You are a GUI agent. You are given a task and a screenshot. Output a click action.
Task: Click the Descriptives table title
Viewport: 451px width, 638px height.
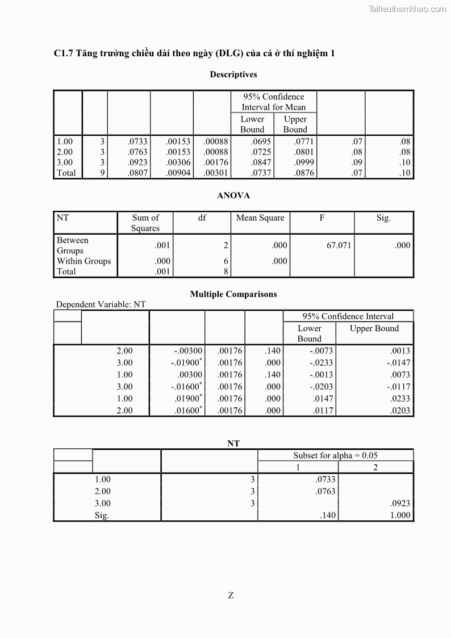[x=233, y=74]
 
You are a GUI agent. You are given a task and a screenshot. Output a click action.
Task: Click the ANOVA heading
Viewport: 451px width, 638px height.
[x=233, y=195]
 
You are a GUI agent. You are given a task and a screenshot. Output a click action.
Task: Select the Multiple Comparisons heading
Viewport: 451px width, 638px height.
[x=233, y=294]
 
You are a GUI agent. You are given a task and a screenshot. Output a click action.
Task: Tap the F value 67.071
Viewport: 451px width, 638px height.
[x=339, y=245]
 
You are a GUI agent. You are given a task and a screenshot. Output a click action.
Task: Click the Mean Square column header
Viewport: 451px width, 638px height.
[x=260, y=218]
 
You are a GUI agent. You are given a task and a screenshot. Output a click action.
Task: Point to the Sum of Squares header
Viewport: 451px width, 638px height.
[x=145, y=223]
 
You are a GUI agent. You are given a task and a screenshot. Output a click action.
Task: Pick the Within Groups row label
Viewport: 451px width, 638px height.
[x=83, y=261]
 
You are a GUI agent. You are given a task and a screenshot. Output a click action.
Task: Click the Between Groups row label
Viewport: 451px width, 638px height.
[x=72, y=245]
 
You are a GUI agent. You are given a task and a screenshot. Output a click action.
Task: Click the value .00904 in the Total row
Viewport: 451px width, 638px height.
[x=179, y=173]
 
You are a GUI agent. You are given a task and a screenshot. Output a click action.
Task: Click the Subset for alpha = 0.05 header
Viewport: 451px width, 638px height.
[x=335, y=455]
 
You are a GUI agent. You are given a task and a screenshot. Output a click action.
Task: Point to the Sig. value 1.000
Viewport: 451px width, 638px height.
[x=400, y=516]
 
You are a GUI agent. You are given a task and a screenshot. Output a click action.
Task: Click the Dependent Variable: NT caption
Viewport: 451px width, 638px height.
[x=101, y=305]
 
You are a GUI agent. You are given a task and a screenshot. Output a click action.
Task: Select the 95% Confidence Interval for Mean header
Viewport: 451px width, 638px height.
[x=273, y=102]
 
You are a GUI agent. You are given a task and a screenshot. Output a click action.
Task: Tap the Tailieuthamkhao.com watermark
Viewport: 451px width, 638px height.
[x=407, y=9]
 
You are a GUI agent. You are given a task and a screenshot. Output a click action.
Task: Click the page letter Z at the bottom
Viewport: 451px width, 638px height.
[x=231, y=595]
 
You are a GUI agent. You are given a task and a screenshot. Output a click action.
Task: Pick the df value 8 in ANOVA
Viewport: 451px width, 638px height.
[x=225, y=272]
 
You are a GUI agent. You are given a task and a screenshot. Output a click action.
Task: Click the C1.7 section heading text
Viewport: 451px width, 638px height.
[x=194, y=53]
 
